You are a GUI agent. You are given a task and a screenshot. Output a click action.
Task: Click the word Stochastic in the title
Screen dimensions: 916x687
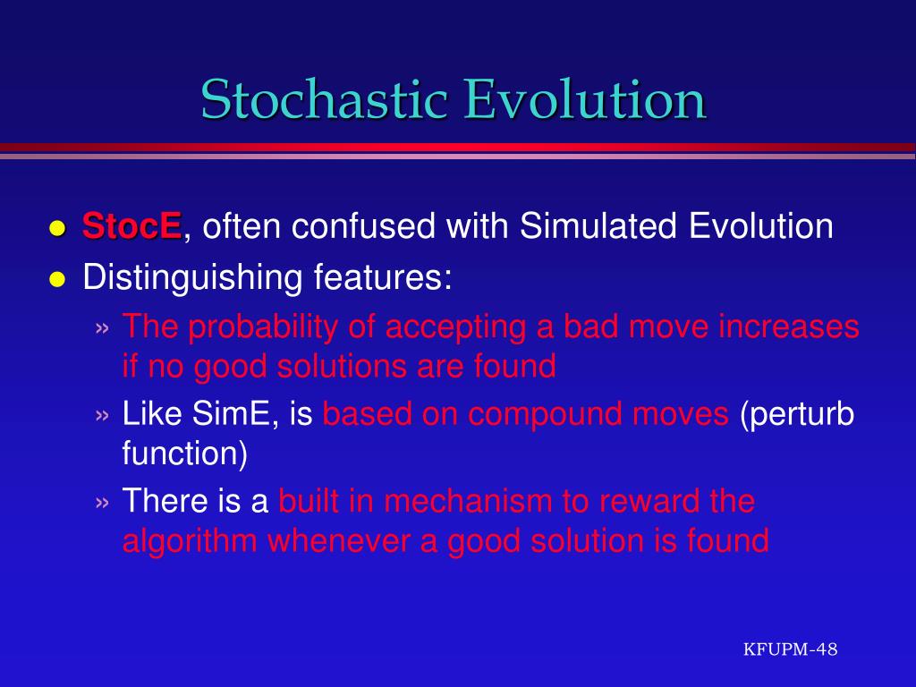tap(324, 98)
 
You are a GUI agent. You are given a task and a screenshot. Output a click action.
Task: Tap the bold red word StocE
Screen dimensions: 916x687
tap(131, 225)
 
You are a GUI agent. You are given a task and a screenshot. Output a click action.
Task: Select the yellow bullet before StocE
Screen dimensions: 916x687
tap(56, 228)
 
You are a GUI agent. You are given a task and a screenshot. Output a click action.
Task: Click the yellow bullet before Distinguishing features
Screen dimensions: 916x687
tap(56, 279)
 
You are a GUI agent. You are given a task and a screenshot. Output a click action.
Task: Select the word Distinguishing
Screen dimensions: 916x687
tap(192, 277)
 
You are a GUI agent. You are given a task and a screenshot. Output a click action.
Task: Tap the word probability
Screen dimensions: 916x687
tap(263, 327)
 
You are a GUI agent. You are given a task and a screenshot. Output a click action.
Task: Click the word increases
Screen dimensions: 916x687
tap(789, 327)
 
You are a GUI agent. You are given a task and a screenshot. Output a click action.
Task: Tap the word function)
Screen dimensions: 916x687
tap(184, 454)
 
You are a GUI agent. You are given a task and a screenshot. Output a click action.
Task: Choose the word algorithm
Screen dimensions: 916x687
tap(190, 541)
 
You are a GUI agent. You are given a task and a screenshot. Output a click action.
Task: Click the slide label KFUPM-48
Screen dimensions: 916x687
tap(791, 649)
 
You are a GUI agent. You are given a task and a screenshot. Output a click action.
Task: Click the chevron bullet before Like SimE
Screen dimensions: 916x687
tap(102, 415)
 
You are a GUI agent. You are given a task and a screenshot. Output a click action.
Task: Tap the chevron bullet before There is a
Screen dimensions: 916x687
tap(102, 503)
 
